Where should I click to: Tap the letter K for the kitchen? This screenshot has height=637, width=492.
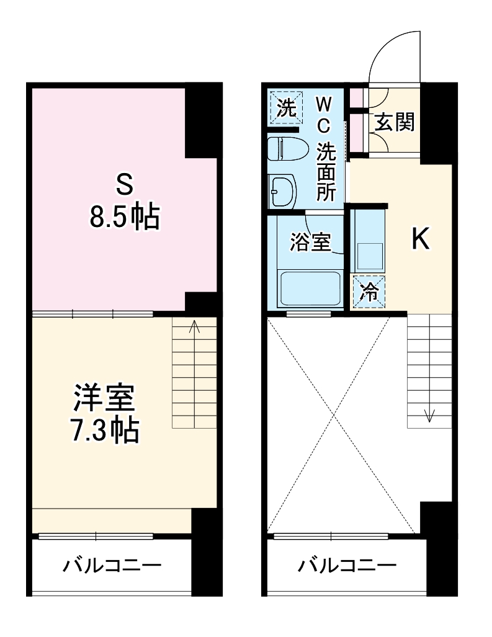[421, 239]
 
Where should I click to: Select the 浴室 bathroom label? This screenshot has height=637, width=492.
[310, 243]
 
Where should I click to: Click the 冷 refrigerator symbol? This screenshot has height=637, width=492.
[369, 292]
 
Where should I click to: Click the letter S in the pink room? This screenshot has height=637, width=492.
[123, 183]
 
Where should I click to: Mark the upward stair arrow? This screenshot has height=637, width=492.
[194, 327]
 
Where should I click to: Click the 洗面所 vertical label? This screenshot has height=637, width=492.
[326, 172]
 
